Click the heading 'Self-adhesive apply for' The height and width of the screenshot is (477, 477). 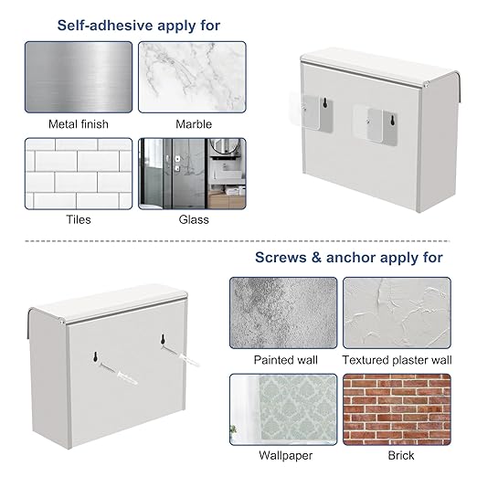click(x=139, y=26)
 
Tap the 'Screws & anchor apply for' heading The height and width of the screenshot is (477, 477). click(x=349, y=258)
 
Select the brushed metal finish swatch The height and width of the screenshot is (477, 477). click(x=79, y=77)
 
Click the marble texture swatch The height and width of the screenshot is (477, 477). click(x=192, y=77)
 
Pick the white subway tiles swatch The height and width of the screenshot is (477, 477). click(x=79, y=174)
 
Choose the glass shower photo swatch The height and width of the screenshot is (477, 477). click(x=192, y=174)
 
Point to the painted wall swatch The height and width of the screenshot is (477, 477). click(x=283, y=313)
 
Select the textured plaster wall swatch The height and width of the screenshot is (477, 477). click(x=397, y=313)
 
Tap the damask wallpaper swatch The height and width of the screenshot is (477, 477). click(x=283, y=409)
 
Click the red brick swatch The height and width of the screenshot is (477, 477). click(x=397, y=409)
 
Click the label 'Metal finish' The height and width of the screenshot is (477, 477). click(x=79, y=124)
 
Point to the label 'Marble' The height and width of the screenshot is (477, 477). click(x=194, y=124)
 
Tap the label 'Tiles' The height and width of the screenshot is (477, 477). click(x=79, y=219)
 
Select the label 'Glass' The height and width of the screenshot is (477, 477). click(x=194, y=219)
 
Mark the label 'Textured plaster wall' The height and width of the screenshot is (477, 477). click(x=397, y=360)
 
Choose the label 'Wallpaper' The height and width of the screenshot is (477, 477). click(x=286, y=456)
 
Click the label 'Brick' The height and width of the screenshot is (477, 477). click(x=401, y=456)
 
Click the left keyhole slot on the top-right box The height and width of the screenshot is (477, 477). click(x=325, y=103)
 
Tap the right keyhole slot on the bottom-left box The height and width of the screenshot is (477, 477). click(x=163, y=339)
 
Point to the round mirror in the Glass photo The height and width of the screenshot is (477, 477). click(x=225, y=147)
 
